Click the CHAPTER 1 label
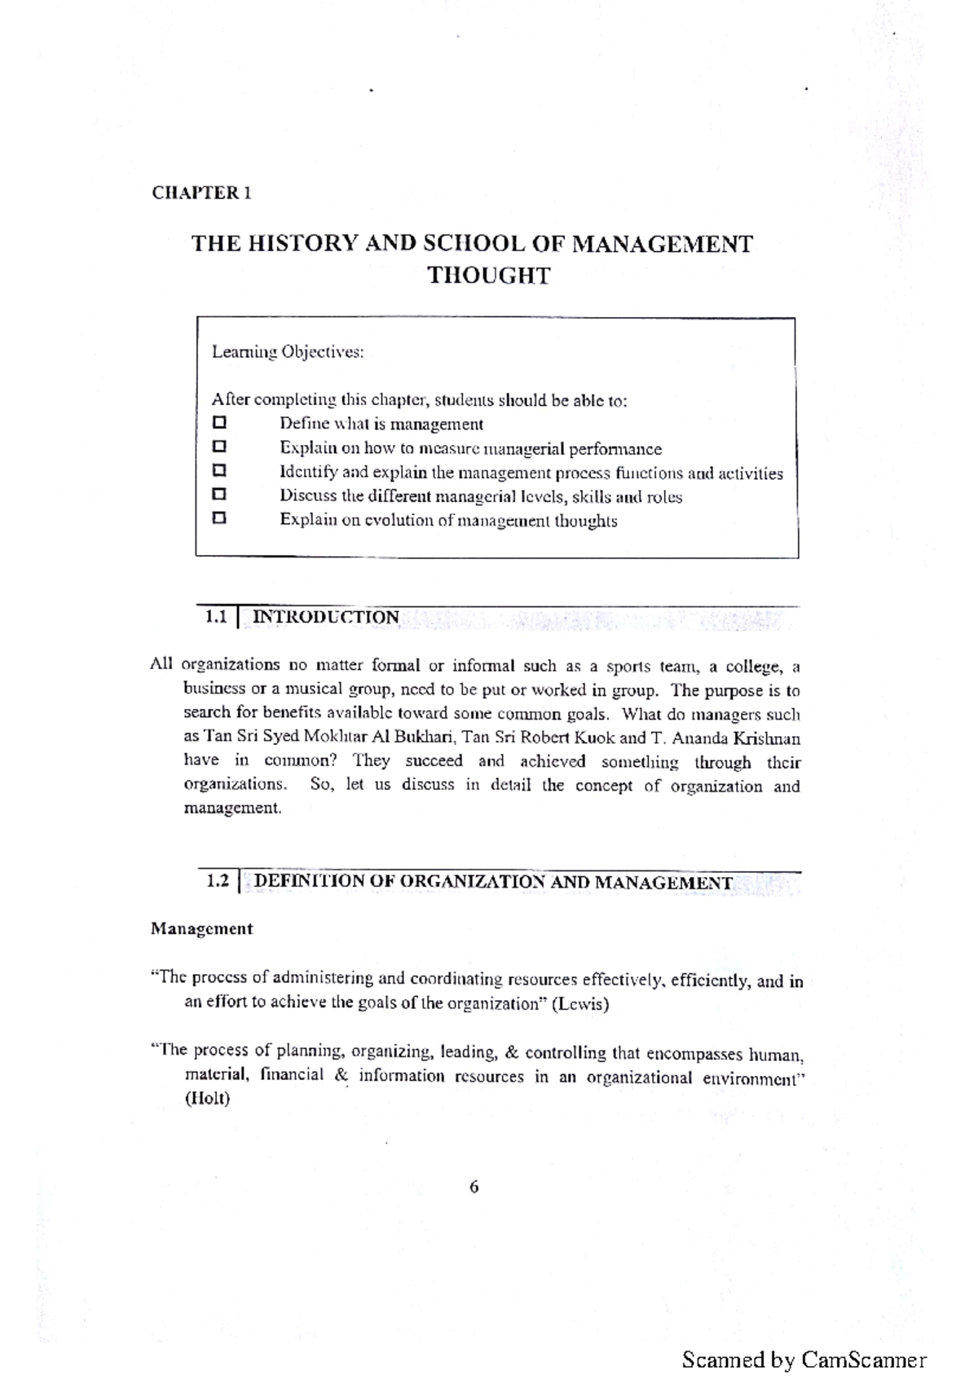tap(201, 193)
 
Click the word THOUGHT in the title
tap(489, 275)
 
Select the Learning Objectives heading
tap(287, 352)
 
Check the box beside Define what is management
tap(218, 423)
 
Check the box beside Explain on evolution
tap(218, 518)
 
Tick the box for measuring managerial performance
tap(218, 447)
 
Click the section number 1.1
tap(215, 617)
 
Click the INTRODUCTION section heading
tap(326, 617)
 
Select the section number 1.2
tap(218, 881)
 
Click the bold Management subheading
tap(201, 928)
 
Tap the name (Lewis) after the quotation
tap(580, 1004)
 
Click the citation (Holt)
tap(207, 1099)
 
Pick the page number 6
tap(474, 1187)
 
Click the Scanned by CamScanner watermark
tap(804, 1360)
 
